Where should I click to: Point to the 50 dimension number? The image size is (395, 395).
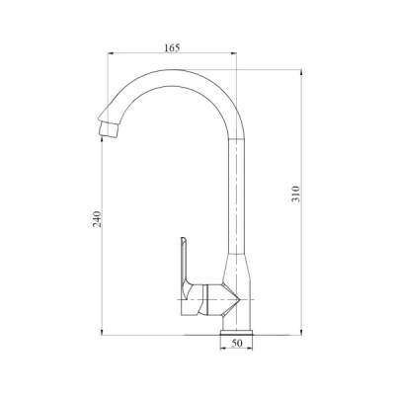[238, 344]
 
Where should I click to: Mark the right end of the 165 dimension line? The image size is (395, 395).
[241, 55]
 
